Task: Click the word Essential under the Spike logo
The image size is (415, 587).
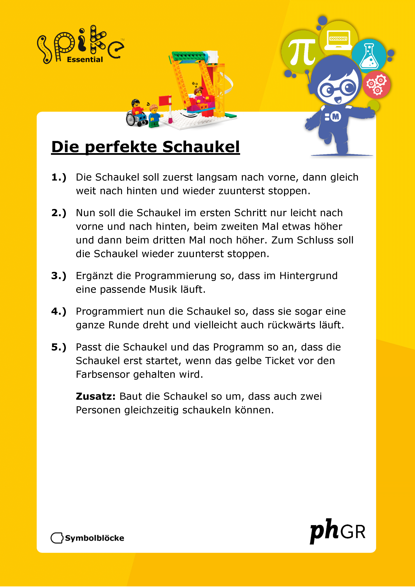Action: point(85,60)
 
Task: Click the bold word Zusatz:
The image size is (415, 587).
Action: point(96,396)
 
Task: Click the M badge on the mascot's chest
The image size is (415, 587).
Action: point(335,117)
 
